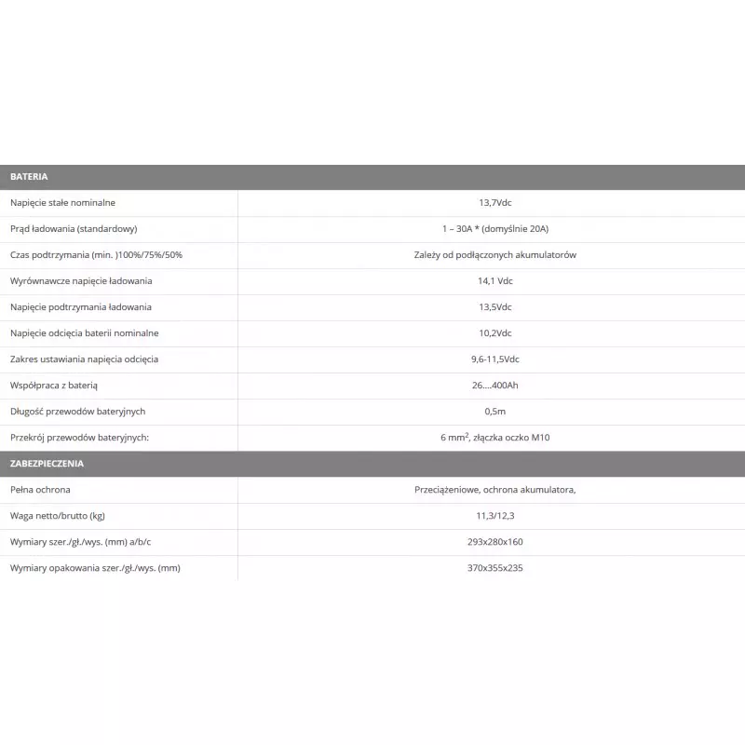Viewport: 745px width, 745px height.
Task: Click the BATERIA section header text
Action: (x=29, y=176)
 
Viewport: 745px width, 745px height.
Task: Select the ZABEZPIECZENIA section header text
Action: (x=47, y=463)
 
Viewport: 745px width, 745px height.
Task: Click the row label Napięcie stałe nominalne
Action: (x=63, y=202)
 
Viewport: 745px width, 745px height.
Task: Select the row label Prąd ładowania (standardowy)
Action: (x=74, y=228)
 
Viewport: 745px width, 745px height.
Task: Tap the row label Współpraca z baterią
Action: (x=54, y=385)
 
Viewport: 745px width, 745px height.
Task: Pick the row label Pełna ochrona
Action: (x=40, y=489)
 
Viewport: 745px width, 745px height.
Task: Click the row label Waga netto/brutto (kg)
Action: (x=58, y=515)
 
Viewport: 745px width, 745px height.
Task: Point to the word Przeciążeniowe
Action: (x=446, y=489)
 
